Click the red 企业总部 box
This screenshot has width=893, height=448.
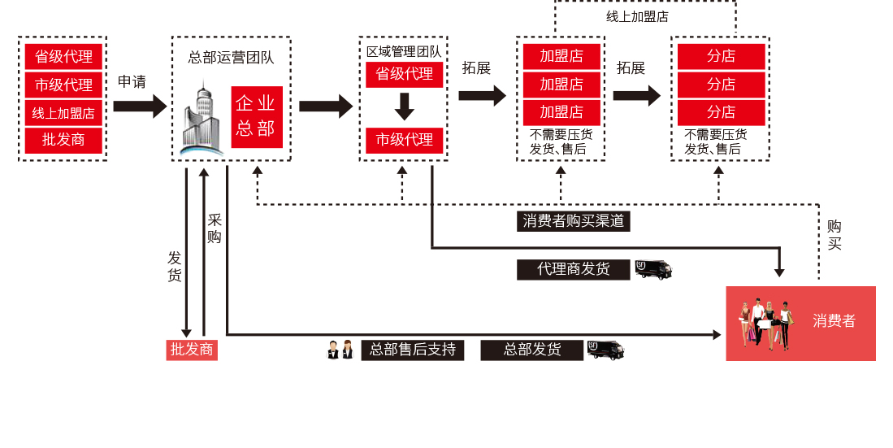pos(256,116)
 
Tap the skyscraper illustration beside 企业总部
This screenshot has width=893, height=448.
pos(201,118)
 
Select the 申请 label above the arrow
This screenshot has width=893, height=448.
pos(132,82)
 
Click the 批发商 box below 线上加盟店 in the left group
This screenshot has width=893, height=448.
pos(63,140)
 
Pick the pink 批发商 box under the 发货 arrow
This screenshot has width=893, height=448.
pos(192,350)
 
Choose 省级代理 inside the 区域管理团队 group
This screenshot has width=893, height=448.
pos(404,74)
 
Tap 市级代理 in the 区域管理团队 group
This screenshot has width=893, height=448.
pos(404,140)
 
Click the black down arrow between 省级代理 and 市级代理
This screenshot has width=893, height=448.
pos(404,107)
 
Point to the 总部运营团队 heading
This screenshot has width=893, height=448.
pos(231,58)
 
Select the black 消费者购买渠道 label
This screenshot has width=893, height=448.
pos(574,221)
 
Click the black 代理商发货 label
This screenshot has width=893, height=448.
pos(573,269)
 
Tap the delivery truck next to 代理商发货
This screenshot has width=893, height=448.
pos(653,269)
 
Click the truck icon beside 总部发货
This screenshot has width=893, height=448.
pos(605,350)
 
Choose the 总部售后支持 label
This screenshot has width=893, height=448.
pos(412,350)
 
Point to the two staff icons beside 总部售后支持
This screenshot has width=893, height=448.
pos(340,350)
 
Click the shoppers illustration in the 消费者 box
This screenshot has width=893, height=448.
pos(765,324)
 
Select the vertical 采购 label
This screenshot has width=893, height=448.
pos(215,228)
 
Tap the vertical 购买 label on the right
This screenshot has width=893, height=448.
pos(834,235)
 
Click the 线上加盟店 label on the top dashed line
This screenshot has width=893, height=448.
pos(637,16)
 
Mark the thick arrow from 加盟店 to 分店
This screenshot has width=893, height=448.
pos(636,96)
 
